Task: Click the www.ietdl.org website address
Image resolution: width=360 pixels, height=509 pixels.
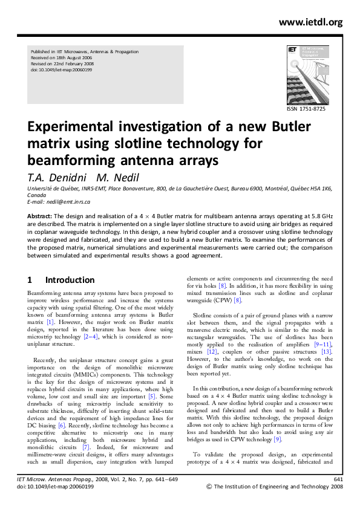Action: click(310, 22)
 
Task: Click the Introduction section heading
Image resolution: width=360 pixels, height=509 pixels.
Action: click(70, 280)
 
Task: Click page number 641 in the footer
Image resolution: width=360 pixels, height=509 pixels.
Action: click(338, 479)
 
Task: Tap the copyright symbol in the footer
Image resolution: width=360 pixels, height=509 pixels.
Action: click(211, 487)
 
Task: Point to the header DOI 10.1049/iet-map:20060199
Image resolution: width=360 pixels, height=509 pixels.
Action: click(61, 70)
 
